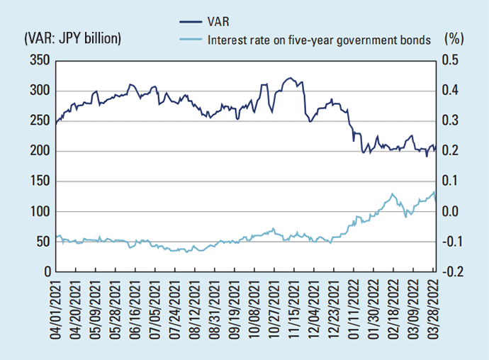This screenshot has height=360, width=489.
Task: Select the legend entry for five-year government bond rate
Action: (x=320, y=40)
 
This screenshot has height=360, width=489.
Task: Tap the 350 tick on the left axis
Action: (x=39, y=61)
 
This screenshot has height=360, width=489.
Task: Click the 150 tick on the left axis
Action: (x=39, y=181)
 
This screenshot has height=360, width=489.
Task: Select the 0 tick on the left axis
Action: (x=46, y=272)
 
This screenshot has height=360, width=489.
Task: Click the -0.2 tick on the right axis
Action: (x=451, y=272)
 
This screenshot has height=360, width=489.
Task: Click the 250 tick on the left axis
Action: (x=39, y=121)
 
